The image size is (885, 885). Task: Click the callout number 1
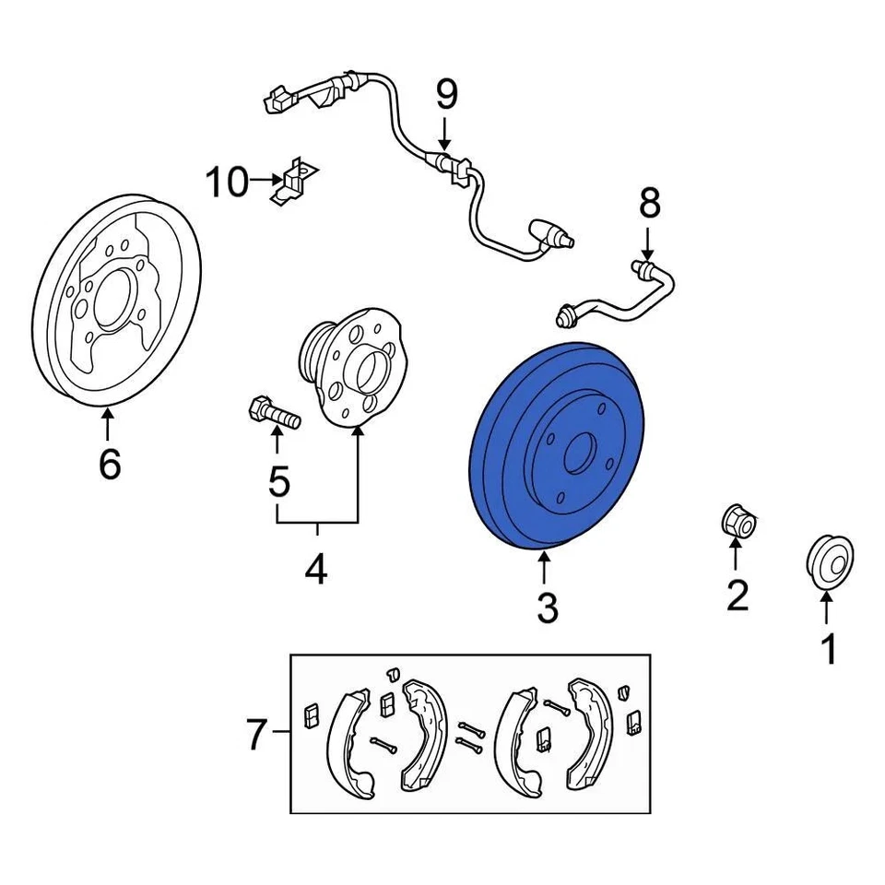(x=829, y=649)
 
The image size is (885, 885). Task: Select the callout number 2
(x=737, y=596)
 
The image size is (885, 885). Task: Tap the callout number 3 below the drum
(x=547, y=608)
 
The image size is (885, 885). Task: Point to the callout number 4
(x=316, y=571)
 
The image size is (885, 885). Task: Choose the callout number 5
(x=278, y=481)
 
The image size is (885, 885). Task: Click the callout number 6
(x=109, y=465)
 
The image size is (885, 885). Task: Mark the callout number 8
(x=650, y=203)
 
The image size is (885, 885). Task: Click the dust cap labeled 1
(x=829, y=559)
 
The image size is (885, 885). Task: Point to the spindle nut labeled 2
(x=737, y=522)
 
